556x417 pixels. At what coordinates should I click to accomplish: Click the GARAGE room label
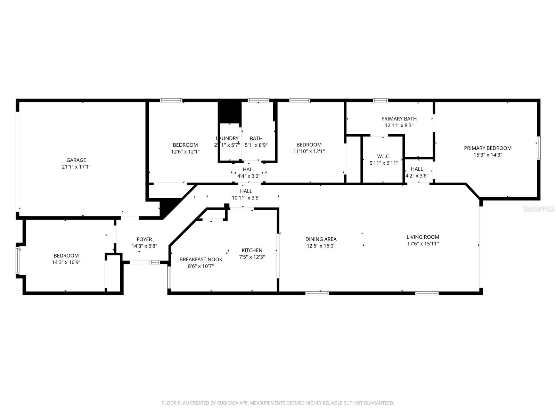pos(76,160)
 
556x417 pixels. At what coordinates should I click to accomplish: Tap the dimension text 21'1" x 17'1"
pos(76,167)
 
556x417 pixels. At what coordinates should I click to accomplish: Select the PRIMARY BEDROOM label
pos(488,148)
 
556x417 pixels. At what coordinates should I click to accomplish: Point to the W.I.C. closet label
pos(384,156)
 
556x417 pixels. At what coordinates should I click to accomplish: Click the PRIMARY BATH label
pos(399,119)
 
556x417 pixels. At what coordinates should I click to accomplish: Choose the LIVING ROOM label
pos(423,237)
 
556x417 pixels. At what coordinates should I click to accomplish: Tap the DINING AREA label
pos(321,239)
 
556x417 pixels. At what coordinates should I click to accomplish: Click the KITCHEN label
pos(252,250)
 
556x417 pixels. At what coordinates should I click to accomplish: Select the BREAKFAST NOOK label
pos(201,260)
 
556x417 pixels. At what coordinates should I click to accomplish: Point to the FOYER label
pos(144,239)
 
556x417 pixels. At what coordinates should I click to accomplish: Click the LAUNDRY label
pos(227,138)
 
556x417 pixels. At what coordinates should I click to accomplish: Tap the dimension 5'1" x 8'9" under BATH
pos(256,145)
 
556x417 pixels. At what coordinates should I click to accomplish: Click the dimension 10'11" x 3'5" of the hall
pos(246,198)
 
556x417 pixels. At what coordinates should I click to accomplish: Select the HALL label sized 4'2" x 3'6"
pos(417,169)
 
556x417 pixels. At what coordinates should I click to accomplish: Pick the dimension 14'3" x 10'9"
pos(66,262)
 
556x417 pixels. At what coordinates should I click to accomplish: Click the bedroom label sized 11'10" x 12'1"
pos(309,145)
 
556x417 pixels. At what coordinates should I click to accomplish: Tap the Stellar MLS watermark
pos(539,208)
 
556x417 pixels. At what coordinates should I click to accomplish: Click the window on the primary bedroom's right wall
pos(538,148)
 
